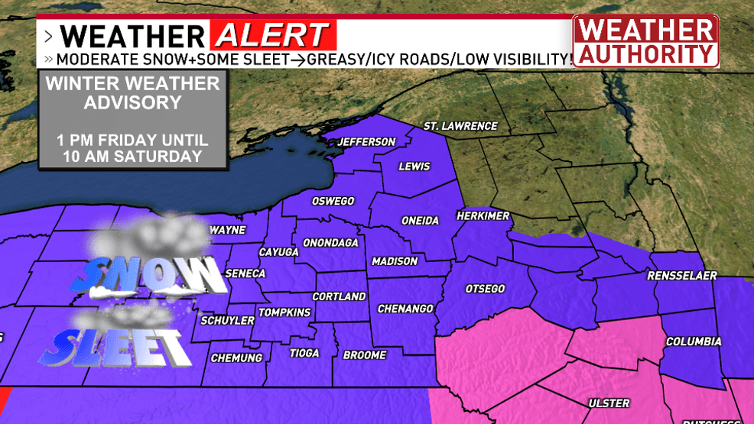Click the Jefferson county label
(367, 142)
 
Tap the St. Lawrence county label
(460, 126)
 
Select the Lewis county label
(414, 167)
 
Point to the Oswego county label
(333, 202)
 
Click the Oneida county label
(421, 221)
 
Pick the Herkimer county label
(483, 216)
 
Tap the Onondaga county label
(330, 243)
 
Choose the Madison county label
(395, 261)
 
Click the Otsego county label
(485, 289)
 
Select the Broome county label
(365, 355)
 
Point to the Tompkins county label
(284, 312)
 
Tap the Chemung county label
(236, 358)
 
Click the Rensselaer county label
(682, 276)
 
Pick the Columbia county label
(694, 341)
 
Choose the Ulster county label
(609, 403)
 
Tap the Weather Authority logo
(646, 41)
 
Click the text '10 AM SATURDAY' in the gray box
(132, 157)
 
